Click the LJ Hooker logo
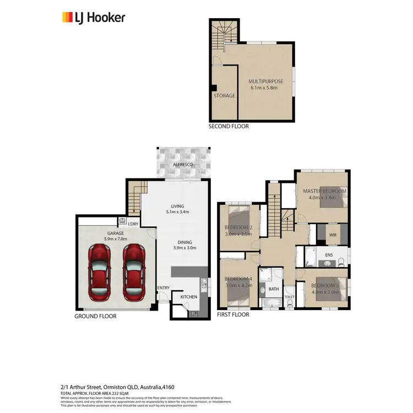(93, 17)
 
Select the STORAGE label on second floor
(224, 96)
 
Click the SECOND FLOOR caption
(228, 126)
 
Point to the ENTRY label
(163, 288)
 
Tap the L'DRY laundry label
(133, 224)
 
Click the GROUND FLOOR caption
(95, 316)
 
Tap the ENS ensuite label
(329, 256)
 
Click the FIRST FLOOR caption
(233, 314)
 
